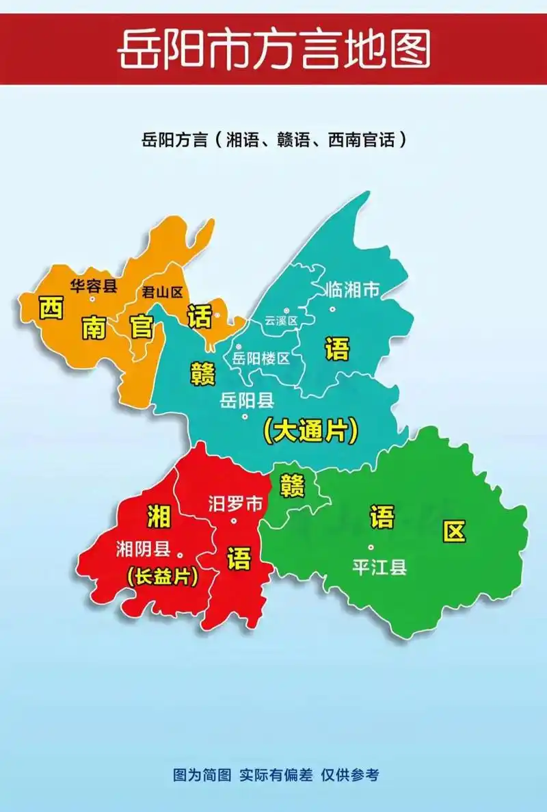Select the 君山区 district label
162,292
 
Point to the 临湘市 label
351,290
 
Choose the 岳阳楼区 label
261,358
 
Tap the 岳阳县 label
247,400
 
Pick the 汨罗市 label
235,505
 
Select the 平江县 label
379,567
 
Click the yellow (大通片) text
311,430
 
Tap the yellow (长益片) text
162,577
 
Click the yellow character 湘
159,516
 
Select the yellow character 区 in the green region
454,531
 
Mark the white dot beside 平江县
371,547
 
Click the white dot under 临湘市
332,309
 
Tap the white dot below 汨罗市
234,521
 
